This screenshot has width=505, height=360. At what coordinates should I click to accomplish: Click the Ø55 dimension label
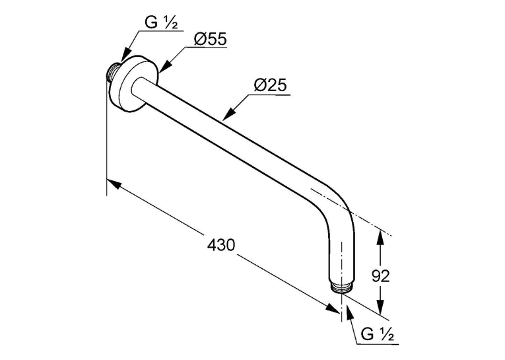211,40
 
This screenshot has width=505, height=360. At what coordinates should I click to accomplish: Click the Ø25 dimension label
270,86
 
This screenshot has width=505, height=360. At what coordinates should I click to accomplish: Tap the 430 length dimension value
221,245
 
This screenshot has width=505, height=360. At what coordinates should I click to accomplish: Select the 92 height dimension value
381,276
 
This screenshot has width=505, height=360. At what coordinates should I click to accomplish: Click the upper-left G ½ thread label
160,22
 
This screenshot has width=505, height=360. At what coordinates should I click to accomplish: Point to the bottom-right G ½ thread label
377,334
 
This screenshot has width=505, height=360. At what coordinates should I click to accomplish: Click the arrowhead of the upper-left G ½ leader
126,55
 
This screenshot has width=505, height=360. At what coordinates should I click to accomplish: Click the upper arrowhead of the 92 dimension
380,236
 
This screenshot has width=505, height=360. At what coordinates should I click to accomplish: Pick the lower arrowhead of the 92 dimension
380,306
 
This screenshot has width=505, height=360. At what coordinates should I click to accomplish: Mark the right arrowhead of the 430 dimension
332,307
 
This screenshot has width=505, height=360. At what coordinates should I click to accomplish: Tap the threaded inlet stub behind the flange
112,72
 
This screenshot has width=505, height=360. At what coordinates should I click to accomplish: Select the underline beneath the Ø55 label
206,48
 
